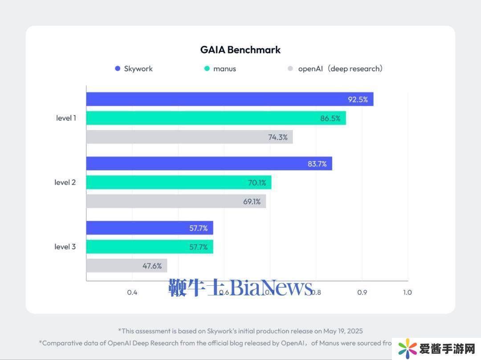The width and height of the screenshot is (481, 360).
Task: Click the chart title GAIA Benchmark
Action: (240, 50)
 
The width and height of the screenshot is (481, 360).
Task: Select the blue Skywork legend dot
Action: (118, 69)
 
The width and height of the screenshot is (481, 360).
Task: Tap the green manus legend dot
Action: (207, 69)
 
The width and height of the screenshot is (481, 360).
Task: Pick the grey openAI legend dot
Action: (290, 69)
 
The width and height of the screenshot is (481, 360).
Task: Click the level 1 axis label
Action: (66, 118)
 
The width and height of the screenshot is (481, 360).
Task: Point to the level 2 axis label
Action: (65, 182)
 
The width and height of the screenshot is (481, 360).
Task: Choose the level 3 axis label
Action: (65, 247)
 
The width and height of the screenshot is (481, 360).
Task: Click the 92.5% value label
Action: (358, 99)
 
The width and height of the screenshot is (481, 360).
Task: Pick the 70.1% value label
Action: (257, 182)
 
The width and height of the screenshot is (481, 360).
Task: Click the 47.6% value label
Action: (152, 266)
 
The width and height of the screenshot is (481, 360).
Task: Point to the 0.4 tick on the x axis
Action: (132, 292)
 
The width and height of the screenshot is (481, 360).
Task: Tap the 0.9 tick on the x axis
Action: (362, 292)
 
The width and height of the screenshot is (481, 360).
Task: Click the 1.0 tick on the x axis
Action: (407, 292)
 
